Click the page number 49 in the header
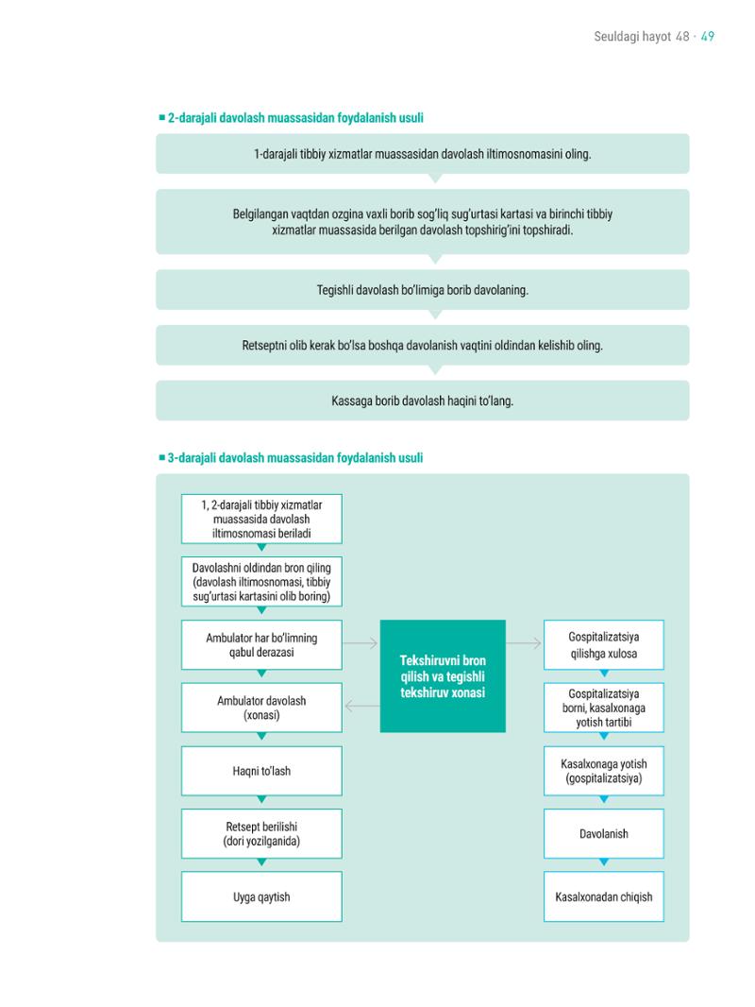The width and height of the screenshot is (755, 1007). point(708,37)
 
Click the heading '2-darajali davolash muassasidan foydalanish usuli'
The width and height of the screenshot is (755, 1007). point(295,118)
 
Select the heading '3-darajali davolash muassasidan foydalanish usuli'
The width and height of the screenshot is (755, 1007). point(295,458)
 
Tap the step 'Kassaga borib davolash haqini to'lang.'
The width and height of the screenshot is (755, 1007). point(422,401)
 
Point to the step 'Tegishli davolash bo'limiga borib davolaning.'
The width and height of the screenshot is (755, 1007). point(422,290)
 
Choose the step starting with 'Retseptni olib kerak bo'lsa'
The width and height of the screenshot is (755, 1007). point(422,346)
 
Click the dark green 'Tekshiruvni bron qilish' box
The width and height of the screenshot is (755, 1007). point(443,676)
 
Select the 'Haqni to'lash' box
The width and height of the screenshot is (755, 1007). point(261,771)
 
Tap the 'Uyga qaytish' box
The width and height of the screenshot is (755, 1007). point(261,896)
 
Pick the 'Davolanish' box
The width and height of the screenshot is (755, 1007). point(604,833)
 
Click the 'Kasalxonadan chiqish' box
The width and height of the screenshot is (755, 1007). point(604,896)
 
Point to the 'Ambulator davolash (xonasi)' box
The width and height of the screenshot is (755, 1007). point(261,708)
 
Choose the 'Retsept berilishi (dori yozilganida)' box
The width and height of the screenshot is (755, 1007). point(261,833)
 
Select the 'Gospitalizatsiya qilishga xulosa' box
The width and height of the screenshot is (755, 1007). point(604,645)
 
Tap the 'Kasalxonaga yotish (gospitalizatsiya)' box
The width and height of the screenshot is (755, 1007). point(604,771)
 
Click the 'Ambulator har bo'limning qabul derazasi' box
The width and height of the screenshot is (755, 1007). point(261,645)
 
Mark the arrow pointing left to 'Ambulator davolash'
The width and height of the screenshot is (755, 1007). point(362,707)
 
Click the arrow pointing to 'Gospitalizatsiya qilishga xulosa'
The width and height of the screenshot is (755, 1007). point(524,643)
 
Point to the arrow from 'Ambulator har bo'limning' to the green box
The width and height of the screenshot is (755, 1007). point(360,643)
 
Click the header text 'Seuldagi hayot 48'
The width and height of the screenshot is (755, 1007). point(642,37)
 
